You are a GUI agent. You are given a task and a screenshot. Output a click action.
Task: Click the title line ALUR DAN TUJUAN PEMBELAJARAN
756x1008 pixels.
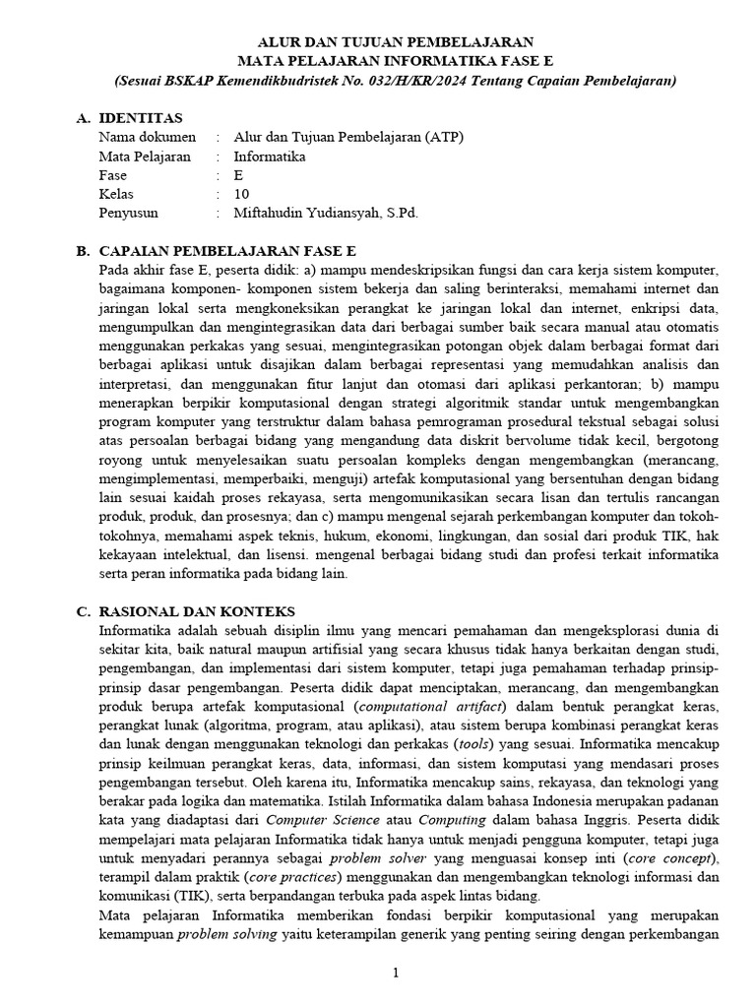[395, 42]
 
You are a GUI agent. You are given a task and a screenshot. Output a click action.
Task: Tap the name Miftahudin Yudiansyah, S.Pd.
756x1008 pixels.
[326, 212]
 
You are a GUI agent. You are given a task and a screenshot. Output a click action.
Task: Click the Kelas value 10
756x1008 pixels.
[242, 193]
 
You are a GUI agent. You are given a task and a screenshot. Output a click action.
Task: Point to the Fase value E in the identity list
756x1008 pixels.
[238, 174]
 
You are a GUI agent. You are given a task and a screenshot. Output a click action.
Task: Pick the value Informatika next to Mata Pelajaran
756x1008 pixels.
[270, 156]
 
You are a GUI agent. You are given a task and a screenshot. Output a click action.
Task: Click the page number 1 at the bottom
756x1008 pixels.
[395, 973]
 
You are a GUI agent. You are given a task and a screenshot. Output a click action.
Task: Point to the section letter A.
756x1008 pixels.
[83, 118]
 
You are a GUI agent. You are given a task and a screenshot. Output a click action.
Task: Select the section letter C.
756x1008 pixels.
[83, 611]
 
